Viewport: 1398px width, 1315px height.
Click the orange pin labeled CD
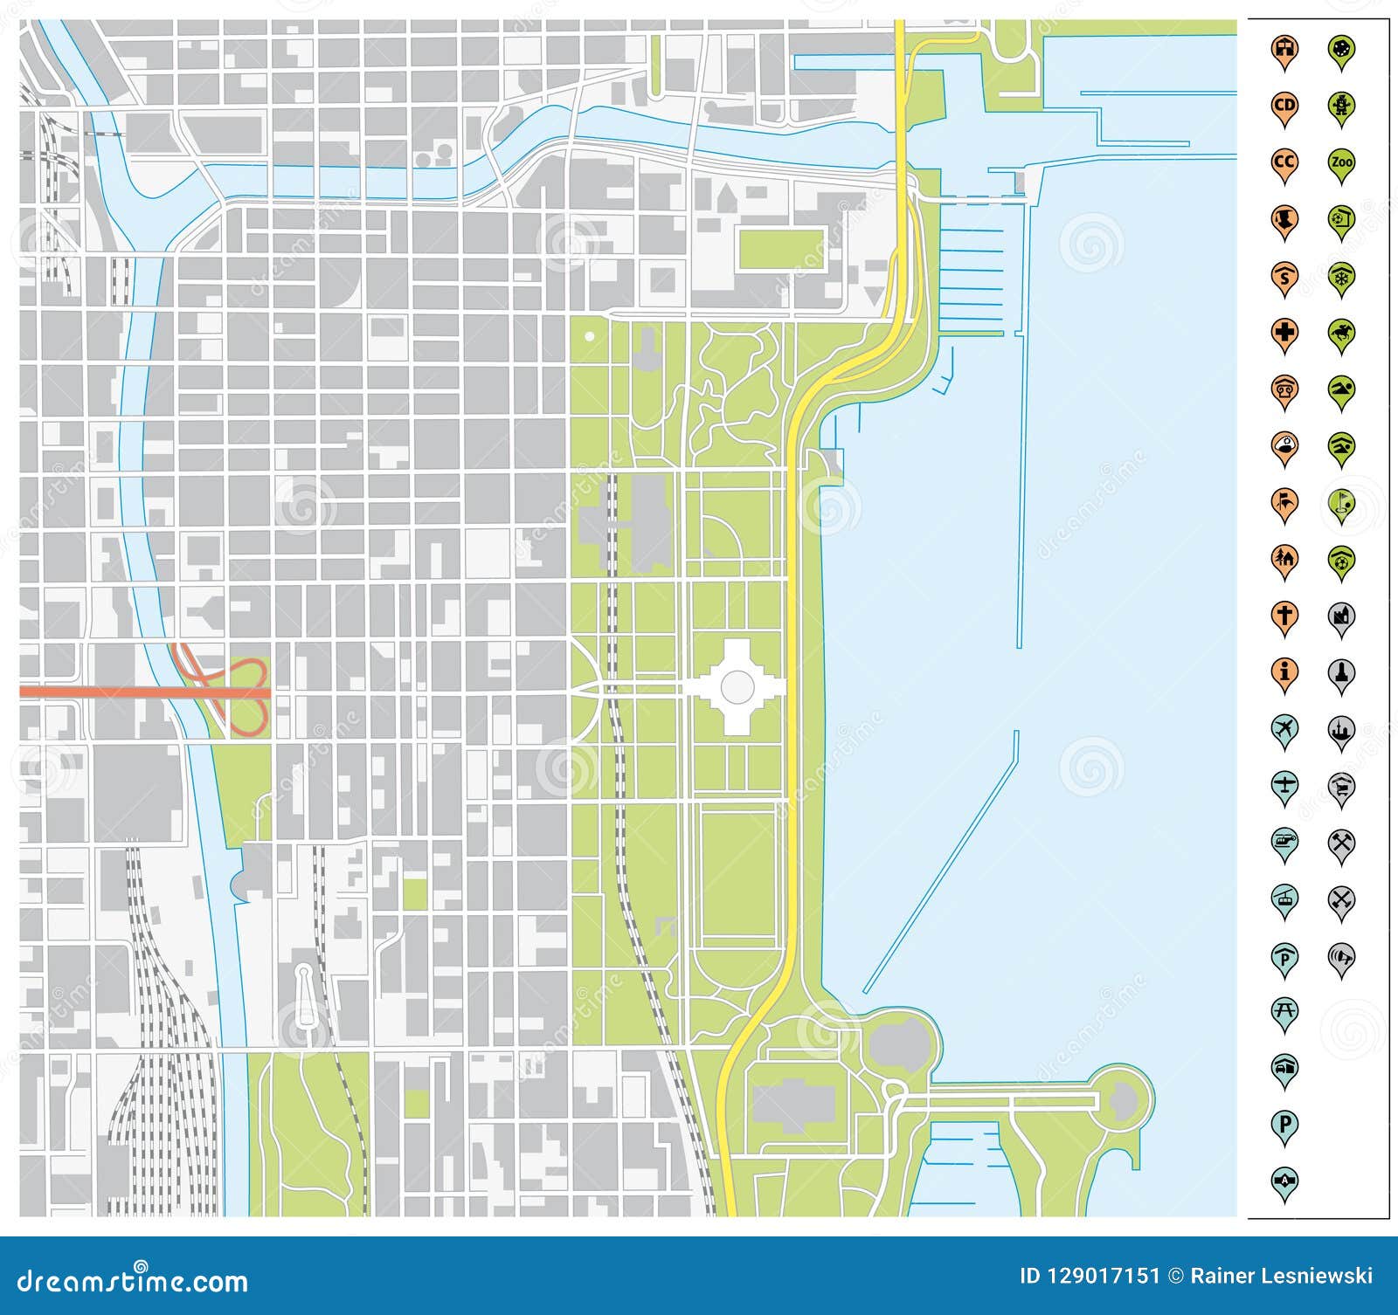coord(1284,107)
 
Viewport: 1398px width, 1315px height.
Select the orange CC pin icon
coord(1284,163)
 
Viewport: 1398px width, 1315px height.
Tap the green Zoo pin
coord(1341,163)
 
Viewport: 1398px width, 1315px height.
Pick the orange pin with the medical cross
coord(1284,333)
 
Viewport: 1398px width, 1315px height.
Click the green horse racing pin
coord(1341,333)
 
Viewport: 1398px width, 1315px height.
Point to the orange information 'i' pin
coord(1284,672)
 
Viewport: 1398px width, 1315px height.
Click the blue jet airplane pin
coord(1284,728)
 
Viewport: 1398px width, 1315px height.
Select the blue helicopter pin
coord(1284,842)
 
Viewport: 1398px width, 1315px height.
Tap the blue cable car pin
coord(1284,898)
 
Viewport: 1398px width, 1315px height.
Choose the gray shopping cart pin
coord(1341,786)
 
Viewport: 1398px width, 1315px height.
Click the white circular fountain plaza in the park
coord(737,686)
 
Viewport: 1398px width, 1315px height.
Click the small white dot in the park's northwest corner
coord(590,336)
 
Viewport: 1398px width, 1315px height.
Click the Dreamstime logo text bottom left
coord(133,1280)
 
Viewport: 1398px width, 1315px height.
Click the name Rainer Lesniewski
coord(1282,1276)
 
